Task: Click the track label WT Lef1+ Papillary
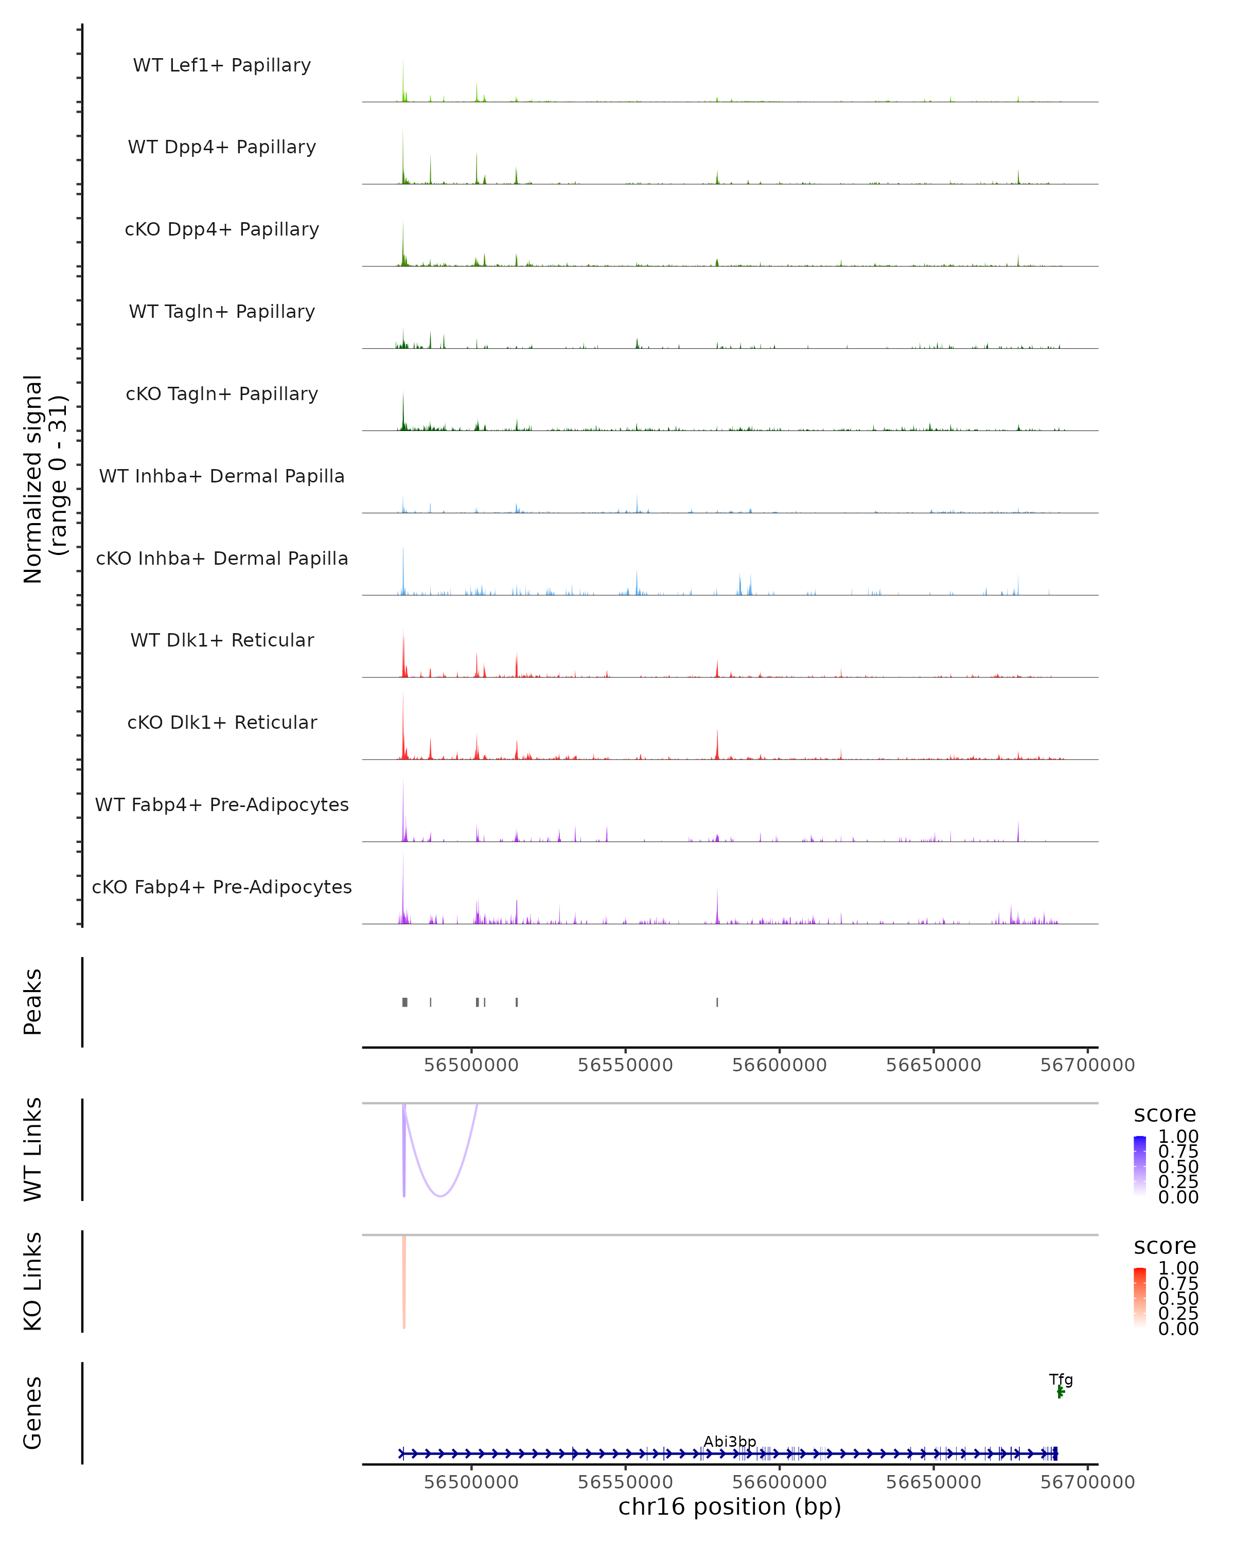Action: point(222,65)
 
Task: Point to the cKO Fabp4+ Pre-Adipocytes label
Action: point(222,887)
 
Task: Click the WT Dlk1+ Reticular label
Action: point(222,640)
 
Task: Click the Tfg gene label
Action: point(1061,1379)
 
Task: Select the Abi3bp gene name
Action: point(730,1441)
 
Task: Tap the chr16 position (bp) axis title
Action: point(730,1506)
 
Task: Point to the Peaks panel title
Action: point(33,1001)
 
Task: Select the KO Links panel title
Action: point(33,1281)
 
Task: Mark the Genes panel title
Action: point(33,1413)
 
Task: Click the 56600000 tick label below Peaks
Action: point(779,1065)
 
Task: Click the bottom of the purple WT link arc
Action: point(441,1195)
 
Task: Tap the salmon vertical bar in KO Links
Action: point(404,1281)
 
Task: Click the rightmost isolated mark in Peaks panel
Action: point(717,1002)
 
